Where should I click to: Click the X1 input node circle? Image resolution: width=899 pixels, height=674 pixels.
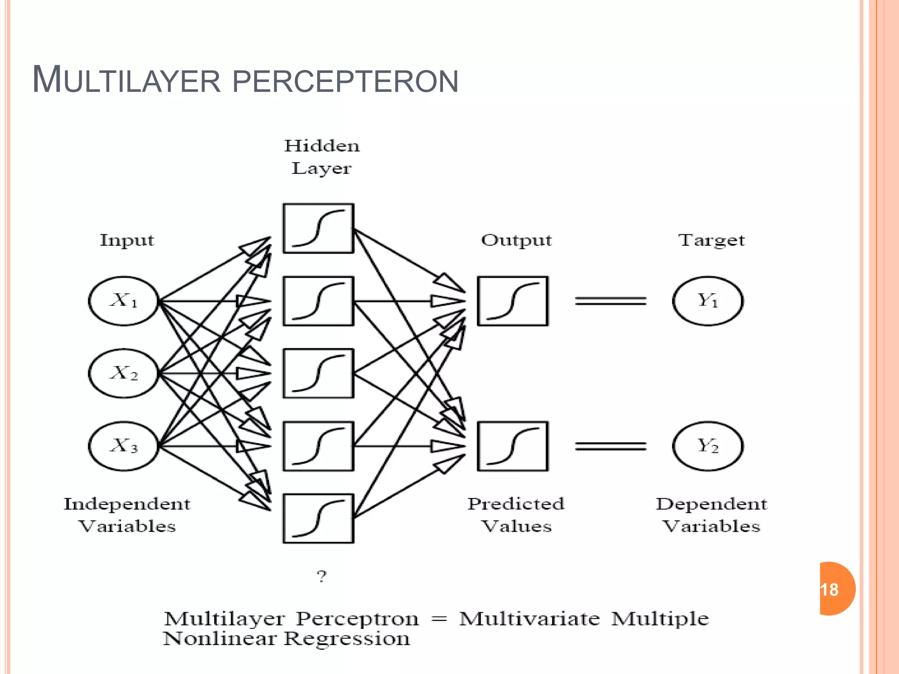[124, 301]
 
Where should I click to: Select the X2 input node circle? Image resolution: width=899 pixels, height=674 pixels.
[124, 373]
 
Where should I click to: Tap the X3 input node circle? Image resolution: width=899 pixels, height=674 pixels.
[124, 446]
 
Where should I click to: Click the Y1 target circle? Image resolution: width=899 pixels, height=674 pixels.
[708, 301]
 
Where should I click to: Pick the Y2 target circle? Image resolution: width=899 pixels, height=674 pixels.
[708, 446]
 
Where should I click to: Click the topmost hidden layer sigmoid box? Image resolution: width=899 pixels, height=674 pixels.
[318, 228]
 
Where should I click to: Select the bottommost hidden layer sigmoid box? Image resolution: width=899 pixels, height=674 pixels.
[318, 519]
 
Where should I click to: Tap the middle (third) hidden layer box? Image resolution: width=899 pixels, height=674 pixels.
[318, 373]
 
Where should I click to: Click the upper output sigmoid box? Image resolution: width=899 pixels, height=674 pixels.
[513, 301]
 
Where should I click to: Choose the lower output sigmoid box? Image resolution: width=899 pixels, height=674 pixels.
[513, 446]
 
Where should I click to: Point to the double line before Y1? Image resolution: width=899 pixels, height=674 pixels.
[611, 301]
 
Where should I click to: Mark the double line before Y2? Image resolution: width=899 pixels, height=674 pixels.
[611, 446]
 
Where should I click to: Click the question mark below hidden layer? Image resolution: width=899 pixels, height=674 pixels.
[322, 576]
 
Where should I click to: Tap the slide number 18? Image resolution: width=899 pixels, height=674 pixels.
[830, 589]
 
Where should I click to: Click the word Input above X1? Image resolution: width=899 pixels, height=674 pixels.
[127, 240]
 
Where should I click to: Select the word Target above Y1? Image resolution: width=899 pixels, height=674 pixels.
[711, 240]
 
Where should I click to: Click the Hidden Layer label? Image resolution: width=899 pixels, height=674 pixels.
[322, 157]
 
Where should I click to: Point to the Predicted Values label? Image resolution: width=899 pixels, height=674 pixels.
[516, 515]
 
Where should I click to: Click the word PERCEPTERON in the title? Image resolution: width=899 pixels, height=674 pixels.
[345, 82]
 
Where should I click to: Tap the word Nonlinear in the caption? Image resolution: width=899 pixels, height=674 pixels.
[219, 639]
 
